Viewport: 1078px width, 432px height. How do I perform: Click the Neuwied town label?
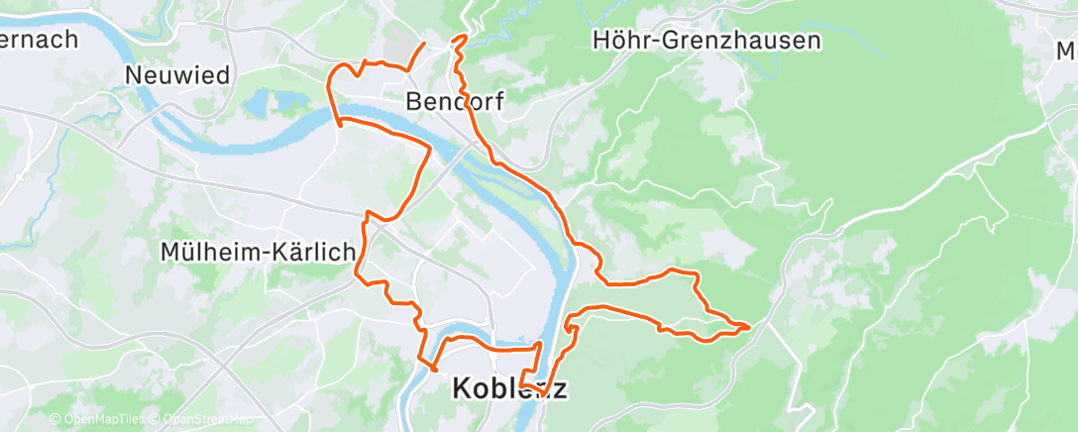178,75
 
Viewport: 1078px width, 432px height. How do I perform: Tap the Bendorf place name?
456,101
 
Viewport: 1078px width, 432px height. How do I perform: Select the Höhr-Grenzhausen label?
705,41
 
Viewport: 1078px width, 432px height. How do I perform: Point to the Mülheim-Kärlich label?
258,253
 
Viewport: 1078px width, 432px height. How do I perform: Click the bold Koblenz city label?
509,388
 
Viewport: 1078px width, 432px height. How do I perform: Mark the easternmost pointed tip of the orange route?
749,325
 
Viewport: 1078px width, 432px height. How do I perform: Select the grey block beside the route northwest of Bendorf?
399,48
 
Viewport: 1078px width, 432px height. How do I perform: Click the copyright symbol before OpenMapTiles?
54,420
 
